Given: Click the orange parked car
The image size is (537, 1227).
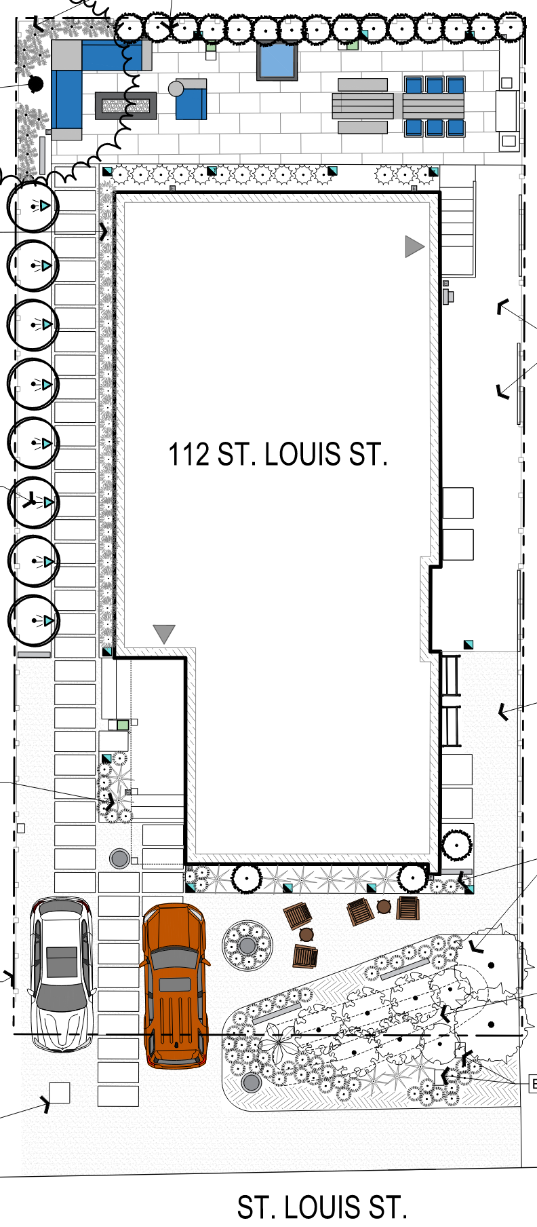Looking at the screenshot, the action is click(174, 985).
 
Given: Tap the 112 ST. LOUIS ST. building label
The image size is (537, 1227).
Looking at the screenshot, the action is click(278, 455).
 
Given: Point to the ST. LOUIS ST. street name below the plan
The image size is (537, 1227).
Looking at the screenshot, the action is click(322, 1207).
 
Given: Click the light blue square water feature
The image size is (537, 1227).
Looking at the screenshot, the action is click(277, 62).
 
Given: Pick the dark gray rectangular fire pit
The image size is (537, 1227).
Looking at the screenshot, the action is click(126, 106).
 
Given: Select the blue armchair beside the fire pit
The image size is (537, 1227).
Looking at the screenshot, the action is click(191, 100).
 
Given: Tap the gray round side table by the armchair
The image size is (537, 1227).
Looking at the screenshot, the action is click(176, 88).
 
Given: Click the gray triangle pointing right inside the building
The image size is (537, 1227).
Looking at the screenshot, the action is click(414, 246).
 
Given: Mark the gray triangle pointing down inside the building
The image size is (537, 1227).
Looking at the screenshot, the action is click(164, 633).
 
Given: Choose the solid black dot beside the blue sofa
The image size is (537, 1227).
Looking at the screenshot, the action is click(36, 83).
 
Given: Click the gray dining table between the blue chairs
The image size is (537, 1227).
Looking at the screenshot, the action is click(433, 107).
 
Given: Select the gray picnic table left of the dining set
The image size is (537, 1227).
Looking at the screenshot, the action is click(363, 106).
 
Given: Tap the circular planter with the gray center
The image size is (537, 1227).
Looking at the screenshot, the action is click(247, 945).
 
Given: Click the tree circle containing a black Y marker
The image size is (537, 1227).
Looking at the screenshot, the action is click(33, 502).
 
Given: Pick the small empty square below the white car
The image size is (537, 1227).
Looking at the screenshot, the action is click(60, 1093).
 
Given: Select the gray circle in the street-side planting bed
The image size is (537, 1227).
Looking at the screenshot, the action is click(251, 1082).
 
